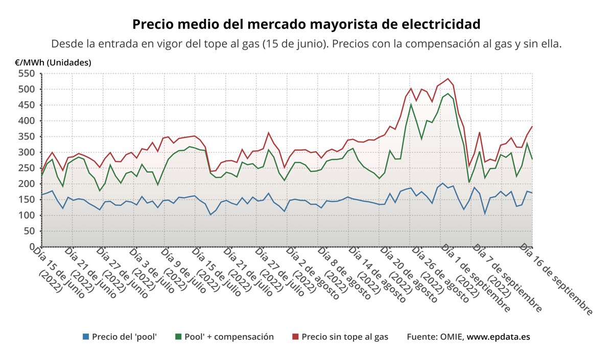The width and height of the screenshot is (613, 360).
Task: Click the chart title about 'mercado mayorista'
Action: pyautogui.click(x=306, y=24)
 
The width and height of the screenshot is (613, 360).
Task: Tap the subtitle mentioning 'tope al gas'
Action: pyautogui.click(x=306, y=44)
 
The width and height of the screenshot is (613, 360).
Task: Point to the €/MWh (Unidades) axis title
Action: pyautogui.click(x=53, y=63)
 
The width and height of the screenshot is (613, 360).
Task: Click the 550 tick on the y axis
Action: pyautogui.click(x=27, y=74)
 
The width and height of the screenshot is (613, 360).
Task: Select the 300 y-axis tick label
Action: pyautogui.click(x=27, y=152)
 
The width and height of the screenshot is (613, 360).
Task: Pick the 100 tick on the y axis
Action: pyautogui.click(x=27, y=215)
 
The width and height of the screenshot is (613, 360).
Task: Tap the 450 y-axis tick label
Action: pyautogui.click(x=27, y=105)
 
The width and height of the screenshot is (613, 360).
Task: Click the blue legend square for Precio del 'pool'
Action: pyautogui.click(x=86, y=337)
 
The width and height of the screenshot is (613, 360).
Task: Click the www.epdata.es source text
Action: pyautogui.click(x=498, y=337)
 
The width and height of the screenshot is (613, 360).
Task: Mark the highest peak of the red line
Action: pyautogui.click(x=448, y=79)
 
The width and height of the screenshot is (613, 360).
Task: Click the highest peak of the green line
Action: pyautogui.click(x=448, y=93)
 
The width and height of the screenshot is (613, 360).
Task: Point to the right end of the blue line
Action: pyautogui.click(x=532, y=193)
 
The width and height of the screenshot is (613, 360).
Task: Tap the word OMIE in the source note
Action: pyautogui.click(x=451, y=337)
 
